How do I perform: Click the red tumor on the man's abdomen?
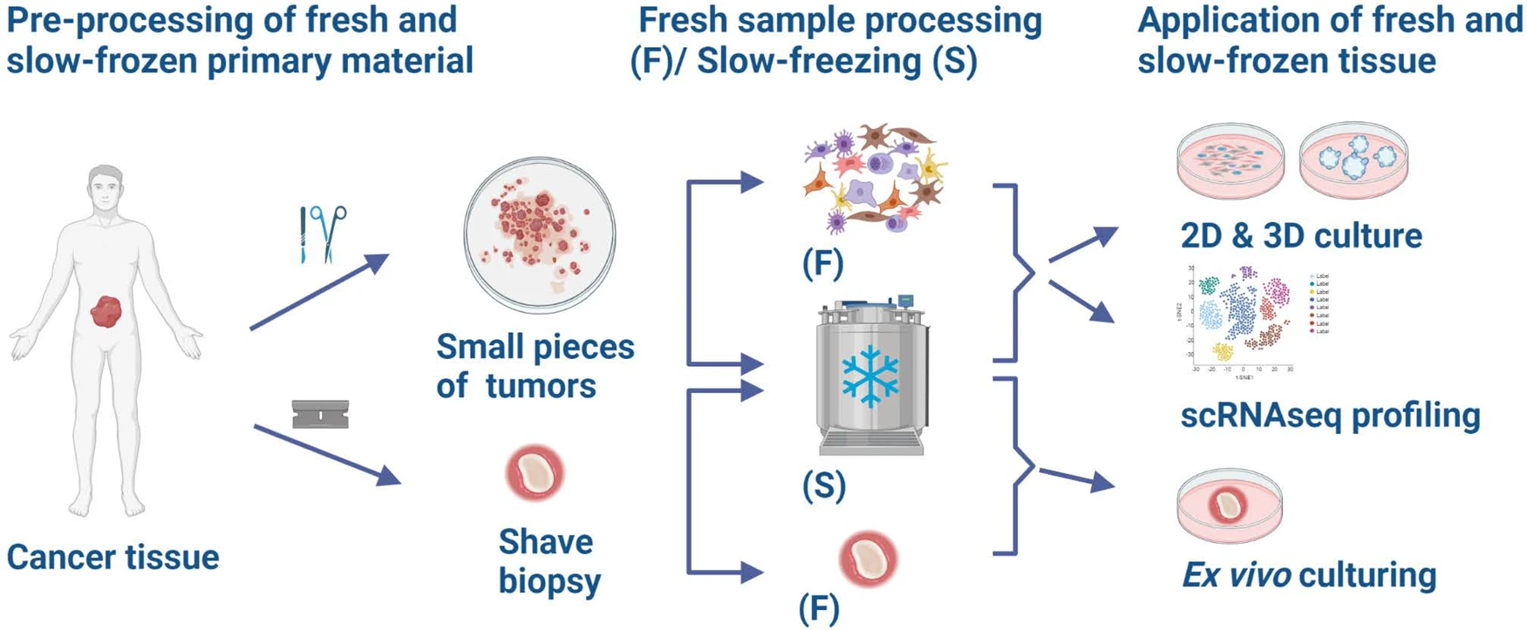coord(106,311)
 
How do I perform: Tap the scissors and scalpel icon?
coord(323,234)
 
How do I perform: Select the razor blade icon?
coord(320,415)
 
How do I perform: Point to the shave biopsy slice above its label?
coord(535,473)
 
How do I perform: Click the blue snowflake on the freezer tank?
coord(870,376)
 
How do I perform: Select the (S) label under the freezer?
coord(824,485)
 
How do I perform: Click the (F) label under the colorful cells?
coord(822,263)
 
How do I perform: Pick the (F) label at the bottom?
coord(819,608)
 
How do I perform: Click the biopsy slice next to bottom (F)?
coord(869,559)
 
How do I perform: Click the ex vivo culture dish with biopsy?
coord(1230,507)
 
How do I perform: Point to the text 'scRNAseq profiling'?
coord(1330,416)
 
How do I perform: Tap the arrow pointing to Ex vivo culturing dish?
coord(1077,478)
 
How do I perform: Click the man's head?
coord(105,186)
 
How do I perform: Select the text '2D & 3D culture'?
coord(1301,235)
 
